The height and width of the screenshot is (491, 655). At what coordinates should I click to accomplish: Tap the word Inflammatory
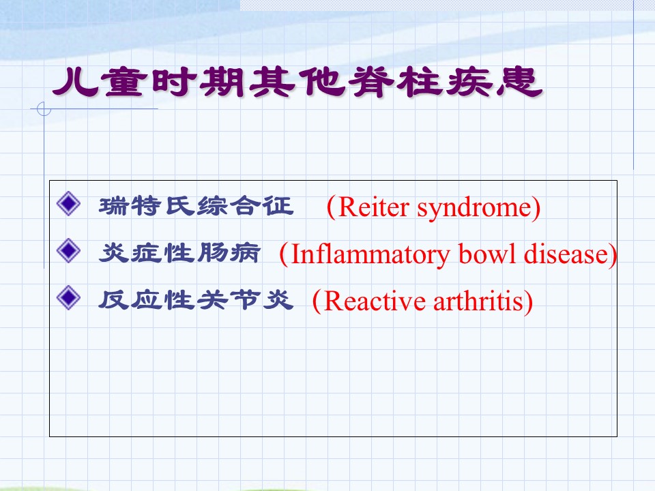(370, 255)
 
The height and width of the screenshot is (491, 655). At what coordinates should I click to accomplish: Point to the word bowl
(487, 254)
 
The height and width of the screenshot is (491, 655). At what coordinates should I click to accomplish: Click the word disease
(566, 254)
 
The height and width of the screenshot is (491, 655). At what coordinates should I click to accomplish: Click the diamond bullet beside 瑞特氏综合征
(68, 204)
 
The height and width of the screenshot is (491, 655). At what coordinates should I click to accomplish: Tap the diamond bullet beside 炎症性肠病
(68, 250)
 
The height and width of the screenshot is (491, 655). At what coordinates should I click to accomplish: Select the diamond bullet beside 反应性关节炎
(68, 298)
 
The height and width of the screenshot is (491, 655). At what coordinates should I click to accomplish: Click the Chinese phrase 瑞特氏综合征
(196, 206)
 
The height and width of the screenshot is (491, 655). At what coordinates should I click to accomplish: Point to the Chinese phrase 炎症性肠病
(179, 252)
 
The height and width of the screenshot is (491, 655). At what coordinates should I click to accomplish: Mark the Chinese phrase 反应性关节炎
(196, 300)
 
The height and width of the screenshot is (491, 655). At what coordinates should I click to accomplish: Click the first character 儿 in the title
(76, 82)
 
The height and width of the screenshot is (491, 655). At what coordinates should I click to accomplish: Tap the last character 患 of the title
(519, 82)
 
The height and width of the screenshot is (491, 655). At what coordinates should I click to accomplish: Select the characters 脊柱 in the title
(396, 82)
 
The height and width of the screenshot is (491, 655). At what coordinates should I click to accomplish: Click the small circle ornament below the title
(44, 109)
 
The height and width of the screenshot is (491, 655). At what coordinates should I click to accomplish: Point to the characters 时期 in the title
(198, 82)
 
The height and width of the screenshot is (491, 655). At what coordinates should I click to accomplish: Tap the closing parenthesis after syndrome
(536, 207)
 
